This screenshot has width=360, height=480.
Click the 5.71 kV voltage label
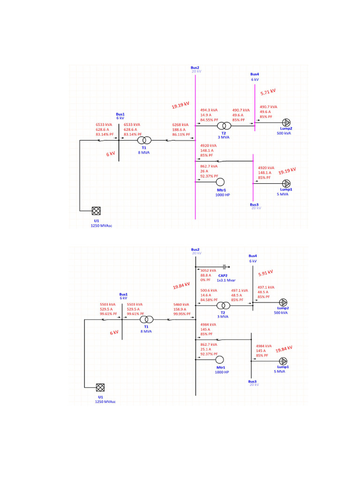(x=268, y=92)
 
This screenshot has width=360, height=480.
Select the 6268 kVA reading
(x=180, y=125)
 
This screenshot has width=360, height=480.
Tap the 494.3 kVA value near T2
(x=209, y=110)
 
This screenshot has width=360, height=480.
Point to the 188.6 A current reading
(x=180, y=129)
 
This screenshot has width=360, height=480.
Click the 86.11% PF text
(x=181, y=135)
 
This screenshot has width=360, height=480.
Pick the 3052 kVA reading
(x=208, y=270)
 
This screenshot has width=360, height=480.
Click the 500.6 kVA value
(x=209, y=291)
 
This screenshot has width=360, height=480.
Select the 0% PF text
(x=206, y=280)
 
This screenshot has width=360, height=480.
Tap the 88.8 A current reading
(x=206, y=276)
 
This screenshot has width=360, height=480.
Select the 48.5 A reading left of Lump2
(x=262, y=292)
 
